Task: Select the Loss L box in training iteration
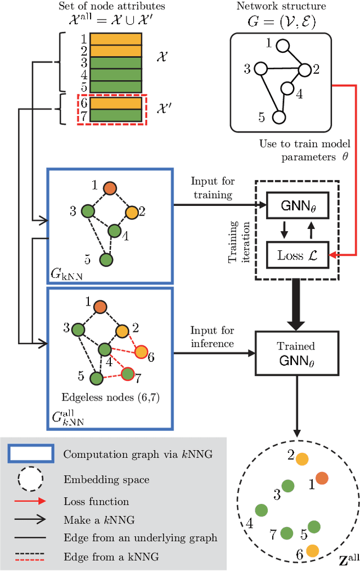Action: (x=296, y=255)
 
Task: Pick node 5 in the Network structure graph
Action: (x=278, y=117)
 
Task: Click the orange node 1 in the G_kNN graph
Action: (x=110, y=188)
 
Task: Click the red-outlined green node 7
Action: (x=128, y=374)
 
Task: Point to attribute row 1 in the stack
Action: (x=115, y=39)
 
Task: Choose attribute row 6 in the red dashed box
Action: (x=115, y=104)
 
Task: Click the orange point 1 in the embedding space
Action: (x=322, y=478)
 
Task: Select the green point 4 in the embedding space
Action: (x=262, y=510)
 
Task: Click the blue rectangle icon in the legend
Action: (x=30, y=453)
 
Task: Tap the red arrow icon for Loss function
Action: (x=30, y=501)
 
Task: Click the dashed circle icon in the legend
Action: (x=30, y=479)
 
